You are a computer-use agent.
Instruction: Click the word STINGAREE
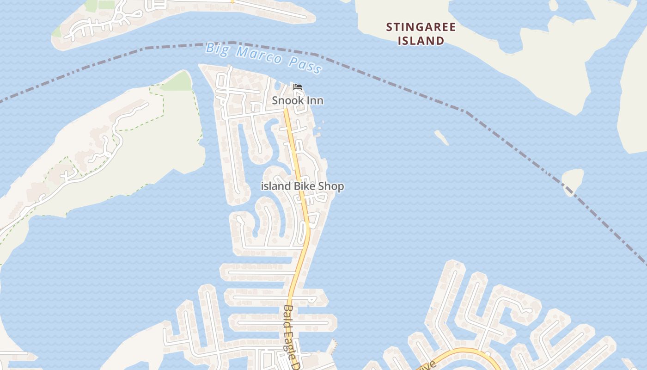click(x=421, y=27)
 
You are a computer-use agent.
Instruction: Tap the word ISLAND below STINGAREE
click(x=421, y=41)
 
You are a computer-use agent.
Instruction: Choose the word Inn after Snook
click(x=314, y=100)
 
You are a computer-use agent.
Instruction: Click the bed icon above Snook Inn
click(x=298, y=87)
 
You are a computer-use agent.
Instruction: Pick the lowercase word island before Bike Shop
click(x=276, y=186)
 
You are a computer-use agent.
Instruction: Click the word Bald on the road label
click(x=289, y=314)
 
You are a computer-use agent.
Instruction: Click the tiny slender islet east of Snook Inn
click(x=441, y=137)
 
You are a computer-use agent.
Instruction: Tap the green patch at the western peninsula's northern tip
click(x=178, y=82)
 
